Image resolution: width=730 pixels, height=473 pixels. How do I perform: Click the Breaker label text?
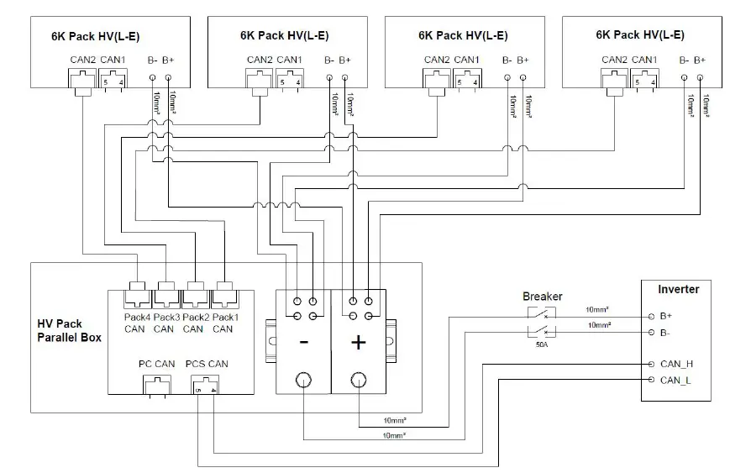coord(542,297)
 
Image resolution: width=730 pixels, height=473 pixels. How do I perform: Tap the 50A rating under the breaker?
coord(541,344)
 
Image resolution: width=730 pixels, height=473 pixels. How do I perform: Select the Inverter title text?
coord(677,289)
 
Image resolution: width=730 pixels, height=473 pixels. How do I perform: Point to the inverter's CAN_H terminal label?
coord(677,364)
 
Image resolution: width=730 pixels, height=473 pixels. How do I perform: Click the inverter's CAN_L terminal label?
coord(677,380)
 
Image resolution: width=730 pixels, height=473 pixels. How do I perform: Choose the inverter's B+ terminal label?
coord(667,316)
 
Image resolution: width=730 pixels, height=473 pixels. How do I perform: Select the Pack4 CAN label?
coord(134,323)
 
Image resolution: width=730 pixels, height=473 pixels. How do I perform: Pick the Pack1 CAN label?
coord(223,323)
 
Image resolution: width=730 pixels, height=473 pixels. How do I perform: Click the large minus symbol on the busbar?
coord(303,342)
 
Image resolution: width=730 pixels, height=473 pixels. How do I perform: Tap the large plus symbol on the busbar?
coord(359,342)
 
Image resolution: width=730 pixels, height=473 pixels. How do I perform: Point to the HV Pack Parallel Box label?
coord(69,330)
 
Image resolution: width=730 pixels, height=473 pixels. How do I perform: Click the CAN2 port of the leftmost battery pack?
coord(82,79)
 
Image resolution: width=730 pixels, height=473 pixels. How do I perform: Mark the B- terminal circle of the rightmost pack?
coord(685,76)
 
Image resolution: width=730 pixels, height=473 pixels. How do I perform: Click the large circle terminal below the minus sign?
coord(303,380)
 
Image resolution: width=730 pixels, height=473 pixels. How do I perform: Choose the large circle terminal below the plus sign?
coord(359,380)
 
